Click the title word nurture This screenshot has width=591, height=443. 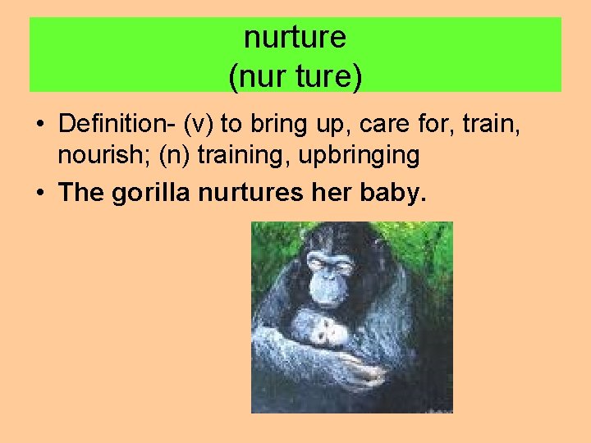tap(295, 38)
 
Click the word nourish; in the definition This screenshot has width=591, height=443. tap(94, 153)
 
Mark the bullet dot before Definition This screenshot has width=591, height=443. tap(39, 125)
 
